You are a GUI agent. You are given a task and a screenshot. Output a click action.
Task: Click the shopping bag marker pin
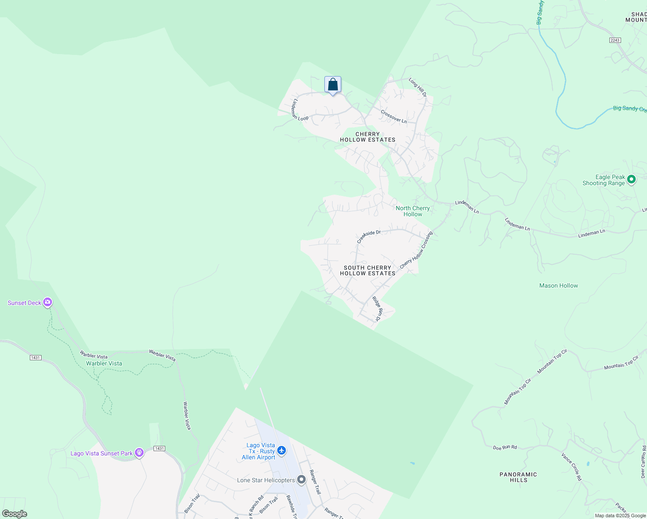coord(333,84)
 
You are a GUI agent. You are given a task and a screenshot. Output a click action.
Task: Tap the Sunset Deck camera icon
coord(48,302)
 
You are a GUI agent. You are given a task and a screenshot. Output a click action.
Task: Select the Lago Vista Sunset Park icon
coord(139,453)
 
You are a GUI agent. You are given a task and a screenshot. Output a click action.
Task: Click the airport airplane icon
coord(282,451)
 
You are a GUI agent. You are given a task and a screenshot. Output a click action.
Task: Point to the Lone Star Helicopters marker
coord(301,480)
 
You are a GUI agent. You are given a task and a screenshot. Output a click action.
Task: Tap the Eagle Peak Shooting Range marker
coord(631,179)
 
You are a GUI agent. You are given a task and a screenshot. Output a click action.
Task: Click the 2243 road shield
coord(615,40)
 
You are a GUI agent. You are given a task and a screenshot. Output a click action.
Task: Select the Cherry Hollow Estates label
coord(368,137)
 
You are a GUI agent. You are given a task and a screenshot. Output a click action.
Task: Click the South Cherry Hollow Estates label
coord(368,270)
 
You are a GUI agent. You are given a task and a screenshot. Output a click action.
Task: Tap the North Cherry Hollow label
coord(413,211)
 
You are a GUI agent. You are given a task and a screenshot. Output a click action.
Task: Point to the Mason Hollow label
coord(558,285)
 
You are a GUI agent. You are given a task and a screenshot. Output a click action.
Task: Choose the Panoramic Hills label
coord(518,477)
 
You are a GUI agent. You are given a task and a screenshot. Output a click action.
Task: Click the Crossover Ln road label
coord(394,117)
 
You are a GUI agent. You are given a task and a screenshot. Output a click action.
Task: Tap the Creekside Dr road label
coord(368,236)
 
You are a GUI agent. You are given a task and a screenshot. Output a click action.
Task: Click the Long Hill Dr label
coord(418,87)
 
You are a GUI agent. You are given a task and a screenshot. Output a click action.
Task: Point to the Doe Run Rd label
coord(505,447)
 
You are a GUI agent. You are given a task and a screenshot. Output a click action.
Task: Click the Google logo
coord(15,514)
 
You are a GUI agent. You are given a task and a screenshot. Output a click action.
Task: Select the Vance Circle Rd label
coord(571,467)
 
